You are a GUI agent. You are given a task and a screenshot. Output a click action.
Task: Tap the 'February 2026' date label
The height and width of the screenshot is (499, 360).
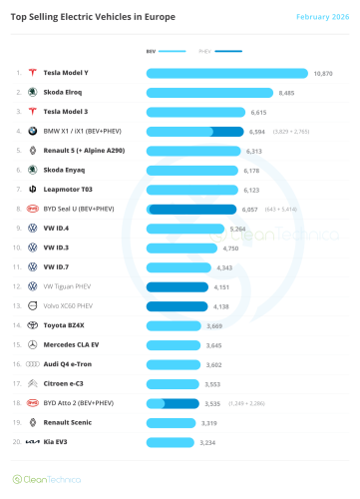[x=322, y=17]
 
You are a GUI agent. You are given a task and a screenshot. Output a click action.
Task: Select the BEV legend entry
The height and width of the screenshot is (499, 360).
[x=166, y=50]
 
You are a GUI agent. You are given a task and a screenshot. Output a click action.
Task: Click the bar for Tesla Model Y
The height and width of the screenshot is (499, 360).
[x=226, y=73]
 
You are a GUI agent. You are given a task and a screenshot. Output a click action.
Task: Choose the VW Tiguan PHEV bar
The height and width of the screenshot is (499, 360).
[x=177, y=286]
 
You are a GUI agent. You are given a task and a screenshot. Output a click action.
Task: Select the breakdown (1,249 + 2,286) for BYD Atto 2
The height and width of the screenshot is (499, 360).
[x=244, y=403]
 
